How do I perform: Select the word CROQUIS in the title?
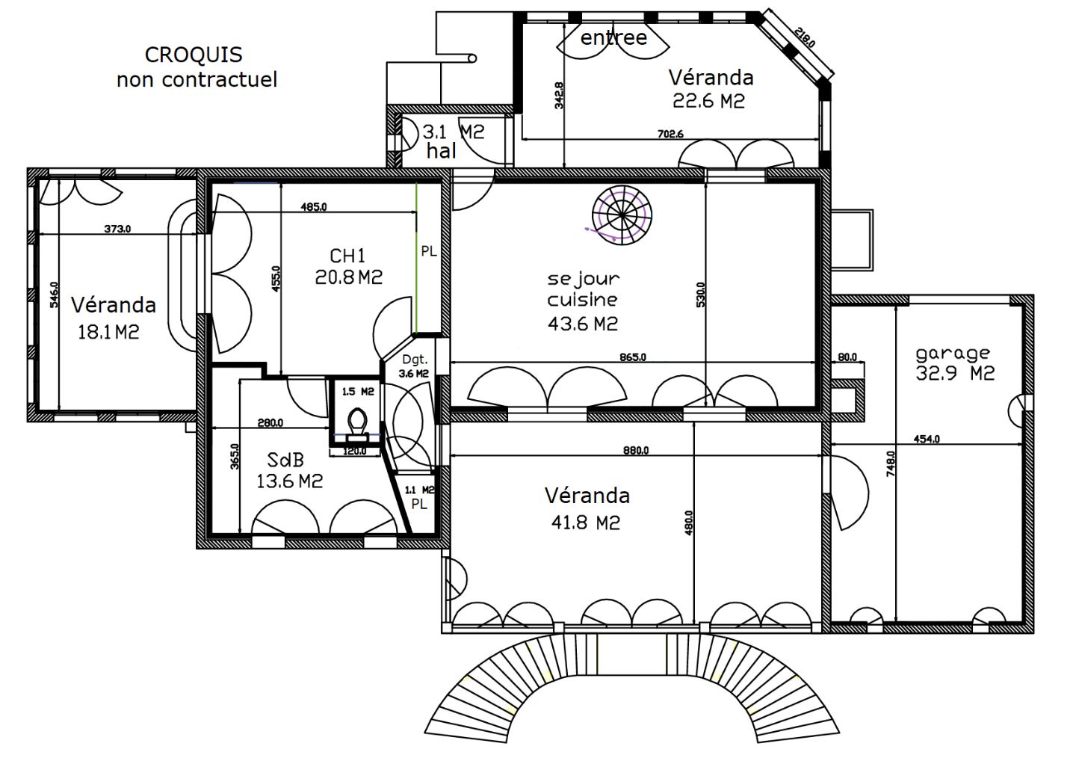(x=194, y=55)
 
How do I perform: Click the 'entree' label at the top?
(x=613, y=37)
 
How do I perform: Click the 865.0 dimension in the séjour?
(x=633, y=357)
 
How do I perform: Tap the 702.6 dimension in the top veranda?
(x=670, y=134)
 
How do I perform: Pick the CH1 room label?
(x=347, y=256)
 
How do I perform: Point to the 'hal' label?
(x=441, y=151)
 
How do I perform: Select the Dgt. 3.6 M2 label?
(x=414, y=366)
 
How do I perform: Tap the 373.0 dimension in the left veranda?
(x=117, y=229)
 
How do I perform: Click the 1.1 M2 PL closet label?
(x=419, y=497)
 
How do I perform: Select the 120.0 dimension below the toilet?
(x=354, y=451)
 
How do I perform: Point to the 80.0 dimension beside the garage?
(x=847, y=357)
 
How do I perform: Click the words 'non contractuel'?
(x=197, y=79)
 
